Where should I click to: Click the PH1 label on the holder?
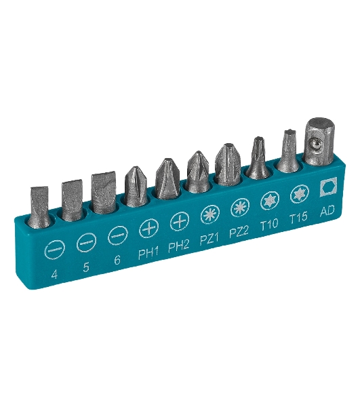pyautogui.click(x=148, y=254)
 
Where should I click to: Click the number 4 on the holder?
pyautogui.click(x=54, y=274)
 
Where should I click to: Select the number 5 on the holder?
pyautogui.click(x=86, y=267)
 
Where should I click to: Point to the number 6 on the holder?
pyautogui.click(x=117, y=260)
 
